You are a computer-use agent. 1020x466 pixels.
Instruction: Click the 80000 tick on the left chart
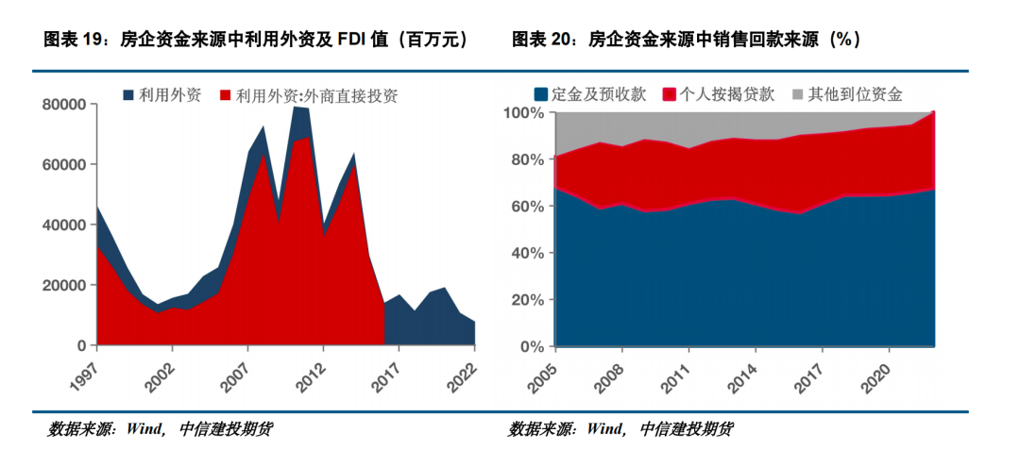point(65,104)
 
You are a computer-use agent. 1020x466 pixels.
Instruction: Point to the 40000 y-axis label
point(65,225)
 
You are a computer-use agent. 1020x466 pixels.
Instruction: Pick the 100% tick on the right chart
point(525,113)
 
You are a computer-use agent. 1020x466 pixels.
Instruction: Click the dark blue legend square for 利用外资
point(129,95)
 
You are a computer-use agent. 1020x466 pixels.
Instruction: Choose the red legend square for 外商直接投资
point(226,95)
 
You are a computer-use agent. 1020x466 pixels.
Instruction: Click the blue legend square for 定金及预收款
point(541,94)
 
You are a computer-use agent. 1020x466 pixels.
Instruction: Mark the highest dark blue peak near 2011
point(297,107)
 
